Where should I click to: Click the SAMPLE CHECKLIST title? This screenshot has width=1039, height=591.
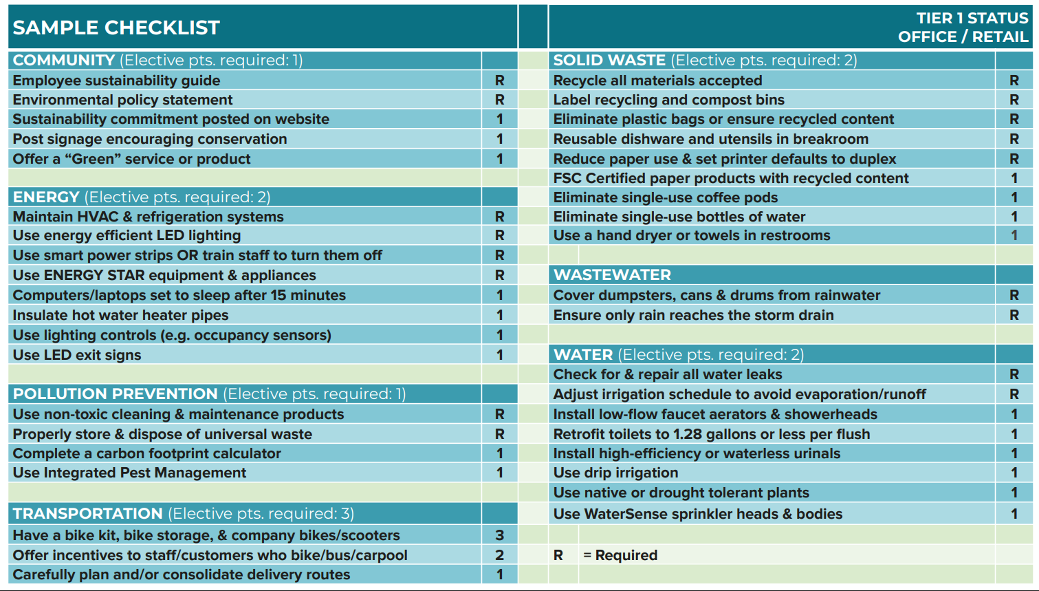point(116,28)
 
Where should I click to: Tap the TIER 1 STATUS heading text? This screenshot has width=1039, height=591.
point(972,18)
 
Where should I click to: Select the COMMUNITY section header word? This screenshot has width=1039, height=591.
point(63,61)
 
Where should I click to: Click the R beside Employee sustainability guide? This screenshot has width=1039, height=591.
point(500,80)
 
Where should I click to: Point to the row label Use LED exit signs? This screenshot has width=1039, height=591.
point(77,355)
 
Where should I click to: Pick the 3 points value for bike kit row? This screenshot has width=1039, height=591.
point(500,535)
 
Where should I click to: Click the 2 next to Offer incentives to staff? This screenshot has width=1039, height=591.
point(500,555)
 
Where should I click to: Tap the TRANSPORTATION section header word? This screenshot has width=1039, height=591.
point(87,514)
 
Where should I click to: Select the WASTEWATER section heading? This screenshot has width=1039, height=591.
point(612,275)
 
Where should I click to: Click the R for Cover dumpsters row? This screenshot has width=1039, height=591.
point(1014,295)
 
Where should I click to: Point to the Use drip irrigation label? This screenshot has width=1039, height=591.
point(615,473)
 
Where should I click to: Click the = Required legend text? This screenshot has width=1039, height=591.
point(620,555)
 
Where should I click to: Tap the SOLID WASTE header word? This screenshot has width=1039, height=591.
point(609,61)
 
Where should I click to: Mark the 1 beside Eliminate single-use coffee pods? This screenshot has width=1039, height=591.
point(1014,197)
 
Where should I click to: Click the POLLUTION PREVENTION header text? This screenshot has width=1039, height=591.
point(115,394)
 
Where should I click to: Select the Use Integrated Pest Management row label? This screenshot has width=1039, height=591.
point(129,473)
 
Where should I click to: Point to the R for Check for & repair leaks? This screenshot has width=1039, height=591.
point(1014,374)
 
